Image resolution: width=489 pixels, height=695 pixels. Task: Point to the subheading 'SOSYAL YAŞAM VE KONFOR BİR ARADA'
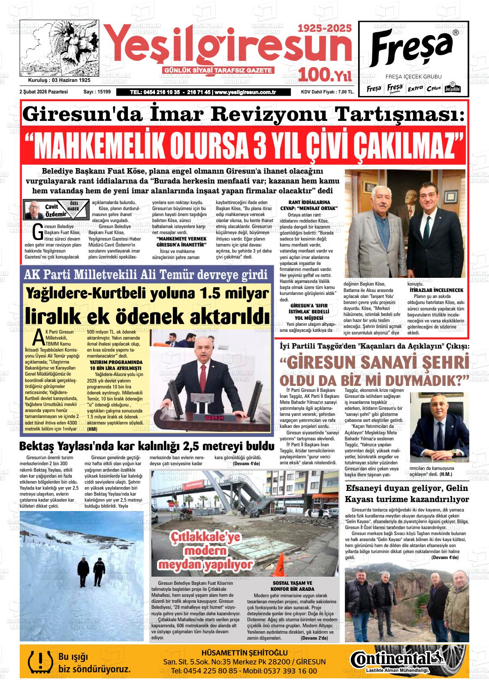(293, 586)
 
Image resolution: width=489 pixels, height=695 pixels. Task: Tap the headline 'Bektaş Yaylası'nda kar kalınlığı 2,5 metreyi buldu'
(147, 446)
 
